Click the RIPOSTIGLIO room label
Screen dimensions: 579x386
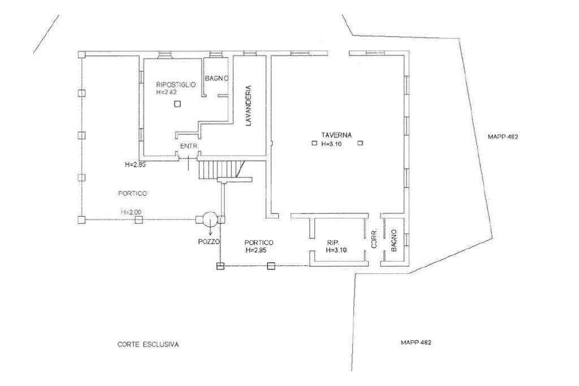pyautogui.click(x=176, y=85)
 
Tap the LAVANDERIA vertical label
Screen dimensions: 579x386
pyautogui.click(x=249, y=106)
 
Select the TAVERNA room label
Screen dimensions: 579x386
pyautogui.click(x=336, y=135)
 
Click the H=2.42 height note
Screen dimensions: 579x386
pyautogui.click(x=166, y=92)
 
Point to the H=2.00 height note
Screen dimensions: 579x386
pyautogui.click(x=131, y=212)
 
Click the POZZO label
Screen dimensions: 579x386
pyautogui.click(x=209, y=242)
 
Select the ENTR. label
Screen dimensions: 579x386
pyautogui.click(x=189, y=147)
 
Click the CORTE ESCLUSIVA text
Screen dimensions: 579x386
pyautogui.click(x=148, y=345)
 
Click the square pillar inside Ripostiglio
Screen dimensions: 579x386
pyautogui.click(x=178, y=104)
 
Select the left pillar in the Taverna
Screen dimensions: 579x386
pyautogui.click(x=314, y=143)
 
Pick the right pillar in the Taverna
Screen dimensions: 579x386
pyautogui.click(x=360, y=143)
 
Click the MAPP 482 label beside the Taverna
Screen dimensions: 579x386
pyautogui.click(x=503, y=137)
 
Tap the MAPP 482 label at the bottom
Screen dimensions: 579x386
pyautogui.click(x=416, y=342)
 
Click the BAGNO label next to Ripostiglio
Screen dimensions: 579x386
pyautogui.click(x=217, y=78)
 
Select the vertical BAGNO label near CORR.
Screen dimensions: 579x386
pyautogui.click(x=394, y=241)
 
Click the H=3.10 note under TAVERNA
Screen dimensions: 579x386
pyautogui.click(x=331, y=144)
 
